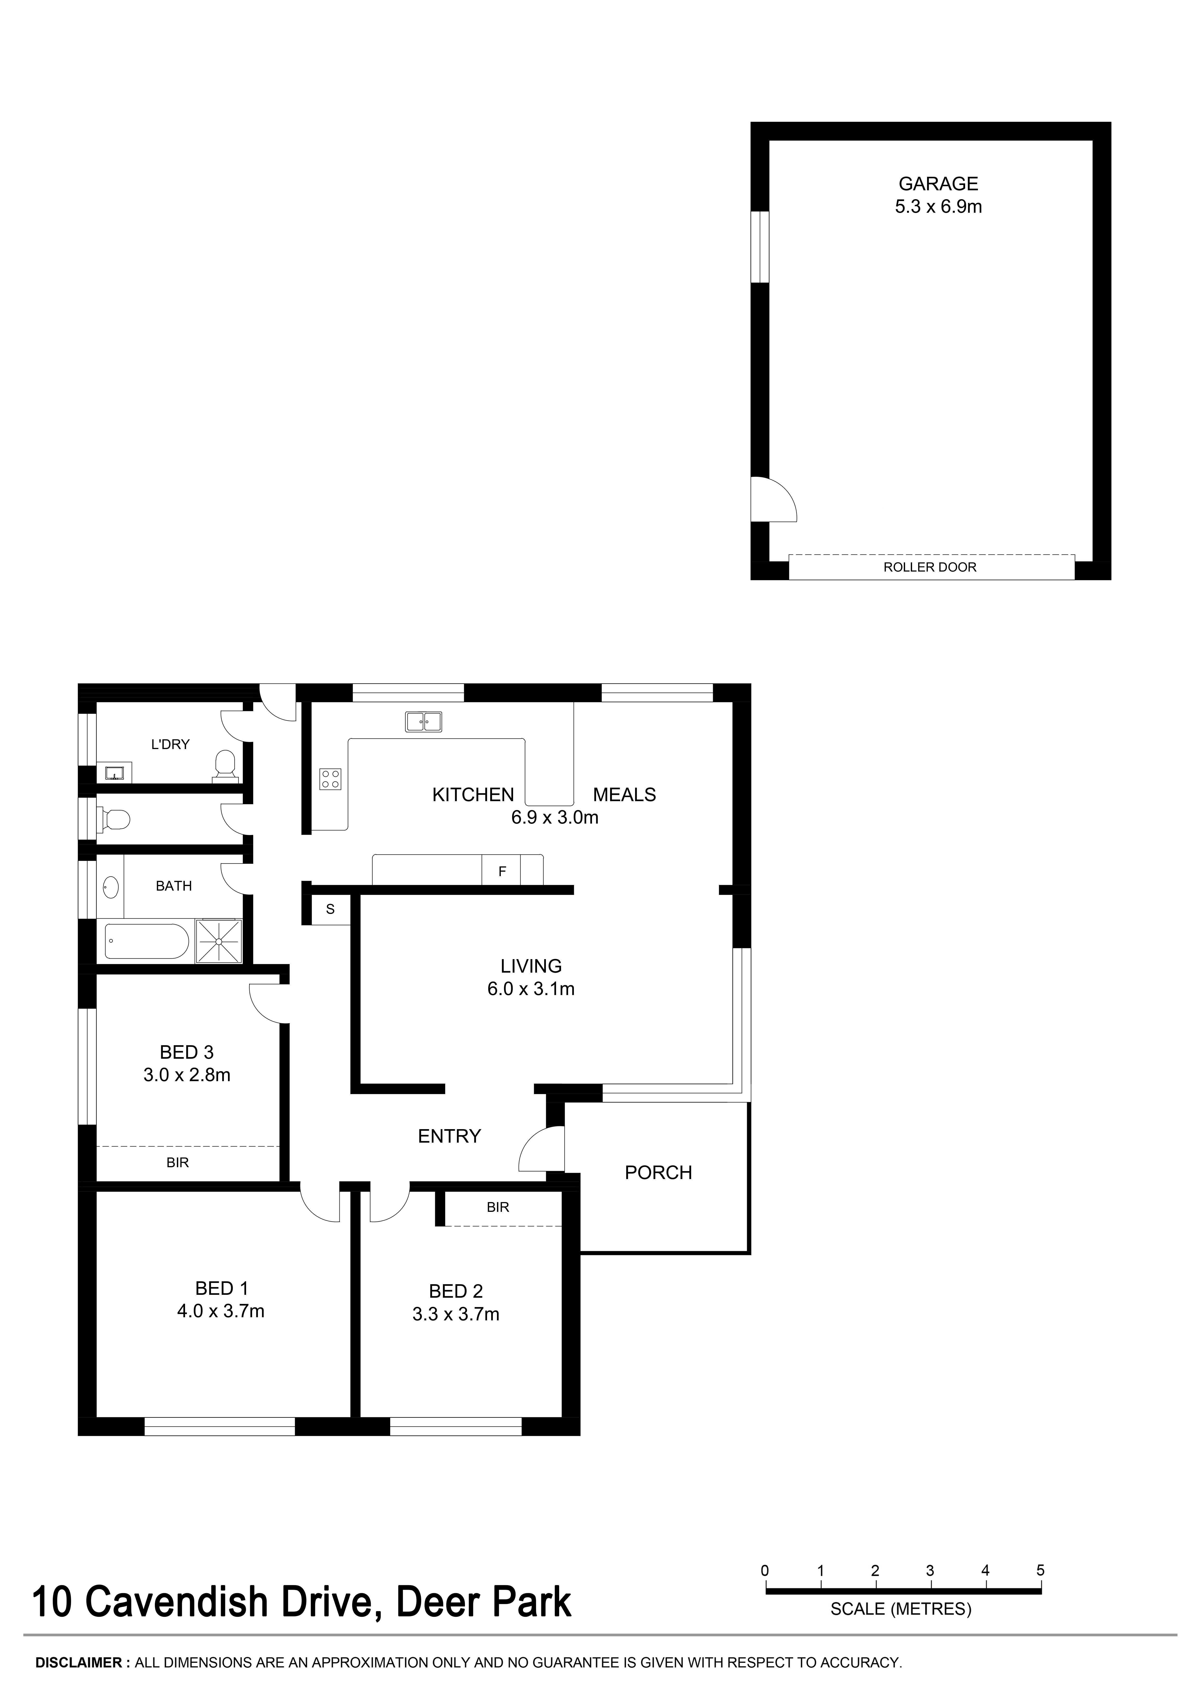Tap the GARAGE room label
coord(938,184)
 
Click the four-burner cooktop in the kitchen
coord(330,779)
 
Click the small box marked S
coord(330,909)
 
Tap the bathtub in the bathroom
coord(147,942)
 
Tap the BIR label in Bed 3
coord(178,1162)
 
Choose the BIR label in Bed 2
coord(497,1207)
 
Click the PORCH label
coord(658,1173)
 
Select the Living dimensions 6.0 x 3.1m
coord(530,989)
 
